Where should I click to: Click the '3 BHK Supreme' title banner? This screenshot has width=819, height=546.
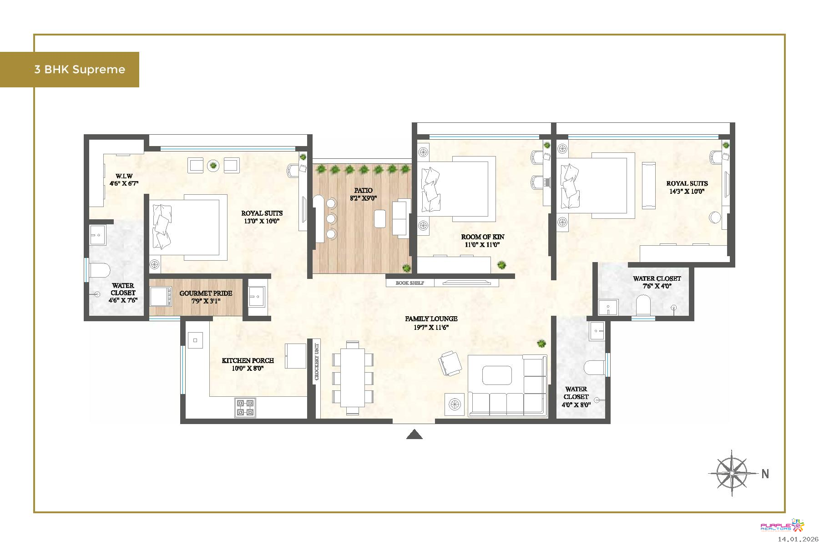[x=70, y=70]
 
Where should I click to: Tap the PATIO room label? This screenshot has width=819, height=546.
[x=363, y=191]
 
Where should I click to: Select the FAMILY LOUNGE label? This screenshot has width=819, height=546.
[x=431, y=319]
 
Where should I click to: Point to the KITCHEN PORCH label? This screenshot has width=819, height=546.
[x=248, y=360]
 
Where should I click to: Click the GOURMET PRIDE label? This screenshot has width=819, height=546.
[x=206, y=293]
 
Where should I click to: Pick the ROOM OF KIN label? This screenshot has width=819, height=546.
[x=483, y=237]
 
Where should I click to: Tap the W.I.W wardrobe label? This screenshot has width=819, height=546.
[x=124, y=176]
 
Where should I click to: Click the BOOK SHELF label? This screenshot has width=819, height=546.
[x=410, y=283]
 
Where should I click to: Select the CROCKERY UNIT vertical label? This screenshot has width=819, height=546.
[x=317, y=361]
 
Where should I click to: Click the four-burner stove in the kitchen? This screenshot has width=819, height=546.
[x=245, y=408]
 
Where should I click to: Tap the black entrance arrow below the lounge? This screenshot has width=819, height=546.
[x=414, y=435]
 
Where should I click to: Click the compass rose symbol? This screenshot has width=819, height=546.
[x=732, y=473]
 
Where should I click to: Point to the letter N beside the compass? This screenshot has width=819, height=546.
[x=765, y=474]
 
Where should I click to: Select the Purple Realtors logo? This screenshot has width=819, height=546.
[x=782, y=526]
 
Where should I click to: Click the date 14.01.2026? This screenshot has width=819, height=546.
[x=798, y=539]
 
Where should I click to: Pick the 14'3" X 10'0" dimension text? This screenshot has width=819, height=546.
[x=687, y=192]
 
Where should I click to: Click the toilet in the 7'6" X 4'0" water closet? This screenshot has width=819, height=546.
[x=643, y=305]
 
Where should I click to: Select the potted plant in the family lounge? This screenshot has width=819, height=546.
[x=541, y=344]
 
